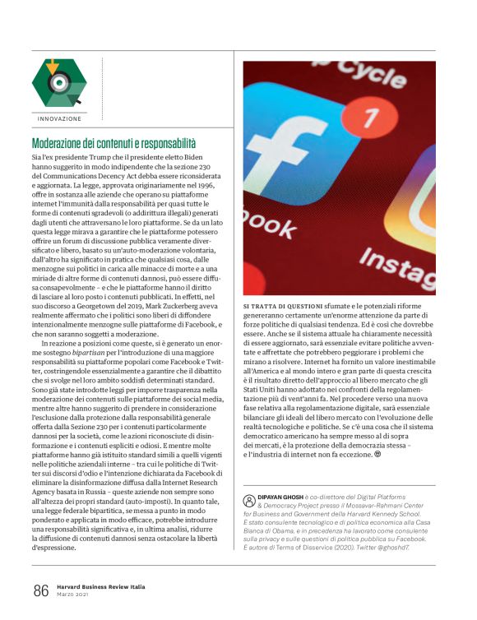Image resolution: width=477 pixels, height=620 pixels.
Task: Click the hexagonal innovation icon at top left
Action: [x=58, y=82]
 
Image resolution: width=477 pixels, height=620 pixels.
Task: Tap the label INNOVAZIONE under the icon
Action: [x=59, y=119]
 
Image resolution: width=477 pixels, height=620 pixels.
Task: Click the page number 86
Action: [x=41, y=590]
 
